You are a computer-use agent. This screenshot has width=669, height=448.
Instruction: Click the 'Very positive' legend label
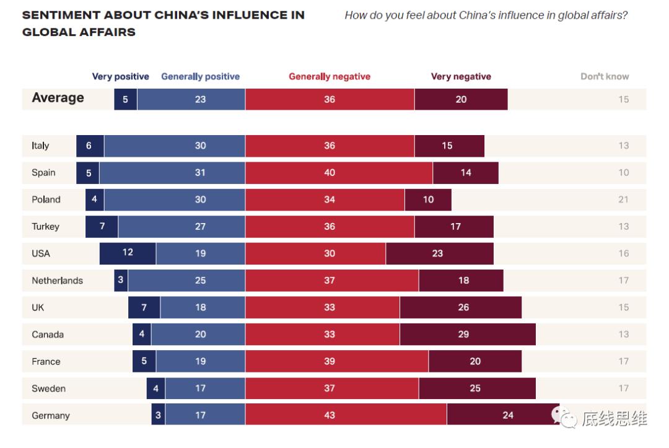(x=120, y=77)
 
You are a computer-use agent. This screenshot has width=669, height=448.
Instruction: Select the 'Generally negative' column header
(x=330, y=77)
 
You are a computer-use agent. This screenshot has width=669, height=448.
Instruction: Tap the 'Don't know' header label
(x=605, y=77)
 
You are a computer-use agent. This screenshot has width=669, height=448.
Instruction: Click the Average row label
(x=58, y=98)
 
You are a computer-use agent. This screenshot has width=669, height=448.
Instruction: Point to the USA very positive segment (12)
(x=128, y=253)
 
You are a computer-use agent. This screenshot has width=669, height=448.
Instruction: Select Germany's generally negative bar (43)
(x=346, y=415)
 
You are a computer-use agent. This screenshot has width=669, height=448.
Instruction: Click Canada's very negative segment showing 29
(x=468, y=335)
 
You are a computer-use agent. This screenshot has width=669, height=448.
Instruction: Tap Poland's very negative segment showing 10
(x=428, y=200)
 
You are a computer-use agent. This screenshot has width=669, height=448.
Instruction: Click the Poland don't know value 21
(x=623, y=200)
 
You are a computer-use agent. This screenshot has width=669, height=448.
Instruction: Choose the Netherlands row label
(x=57, y=281)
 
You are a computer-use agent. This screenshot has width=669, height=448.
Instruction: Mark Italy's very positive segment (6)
(x=90, y=146)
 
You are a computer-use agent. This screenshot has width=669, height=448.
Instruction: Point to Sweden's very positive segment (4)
(x=155, y=389)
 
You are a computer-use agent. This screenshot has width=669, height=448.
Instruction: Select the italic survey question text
(x=486, y=15)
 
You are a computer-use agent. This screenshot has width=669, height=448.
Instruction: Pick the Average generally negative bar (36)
(x=330, y=99)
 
